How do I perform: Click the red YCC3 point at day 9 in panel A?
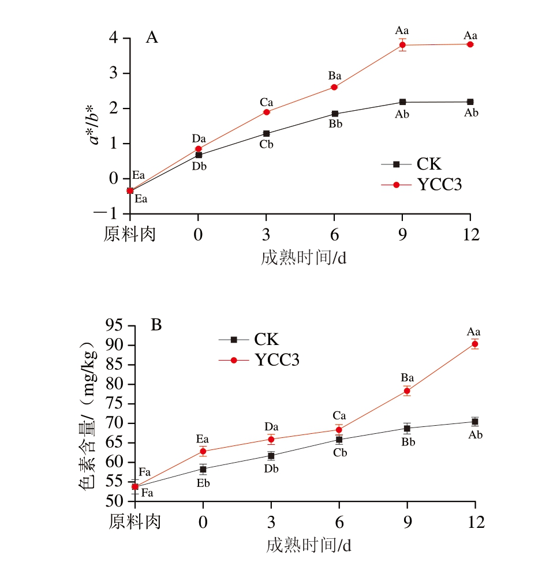click(x=402, y=45)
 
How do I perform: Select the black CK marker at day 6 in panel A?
click(x=334, y=114)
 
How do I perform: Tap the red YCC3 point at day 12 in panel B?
click(x=475, y=344)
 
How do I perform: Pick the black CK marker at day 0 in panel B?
click(x=203, y=469)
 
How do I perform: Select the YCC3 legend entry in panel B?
click(x=276, y=360)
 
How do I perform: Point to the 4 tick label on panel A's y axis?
click(x=114, y=38)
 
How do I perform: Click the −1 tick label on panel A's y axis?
click(x=109, y=213)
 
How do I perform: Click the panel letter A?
click(x=152, y=38)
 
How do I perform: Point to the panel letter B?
click(x=156, y=325)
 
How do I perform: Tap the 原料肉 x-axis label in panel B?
click(x=135, y=522)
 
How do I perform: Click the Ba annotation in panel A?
click(x=335, y=76)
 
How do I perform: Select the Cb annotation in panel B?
click(x=340, y=453)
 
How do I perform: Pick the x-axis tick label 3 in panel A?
click(x=266, y=235)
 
